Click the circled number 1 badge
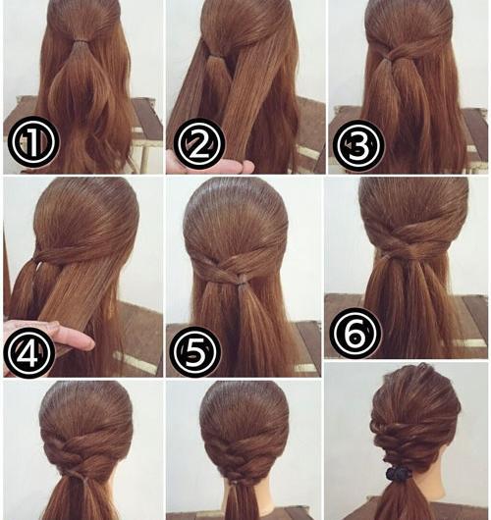coord(32,141)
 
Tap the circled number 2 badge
coord(199,143)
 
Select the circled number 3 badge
coord(358,146)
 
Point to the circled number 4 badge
coord(29,352)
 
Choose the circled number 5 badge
coord(195,352)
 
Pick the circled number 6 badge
coord(355,333)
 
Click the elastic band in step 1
coord(81,42)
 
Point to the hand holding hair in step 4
coord(50,335)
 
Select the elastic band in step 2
coord(212,56)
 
